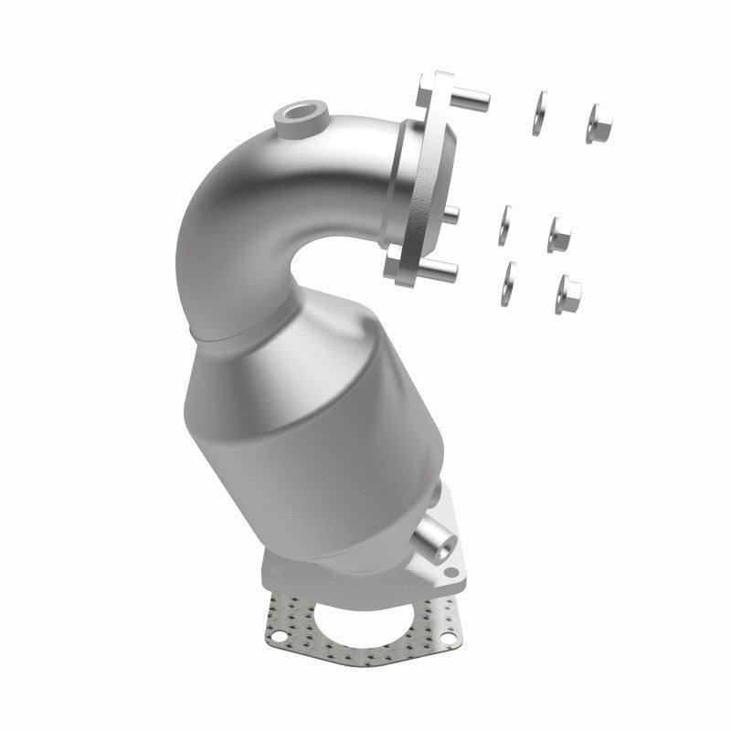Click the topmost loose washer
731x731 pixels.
tap(539, 113)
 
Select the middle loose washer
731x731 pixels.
tap(504, 225)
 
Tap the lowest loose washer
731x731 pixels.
tap(507, 283)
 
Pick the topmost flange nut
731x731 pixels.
tap(599, 123)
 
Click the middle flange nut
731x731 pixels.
tap(559, 235)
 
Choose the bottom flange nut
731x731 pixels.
tap(567, 293)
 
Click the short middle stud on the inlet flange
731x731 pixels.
tap(450, 215)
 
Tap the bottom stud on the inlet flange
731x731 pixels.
tap(440, 268)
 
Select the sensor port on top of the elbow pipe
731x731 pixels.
tap(298, 117)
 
